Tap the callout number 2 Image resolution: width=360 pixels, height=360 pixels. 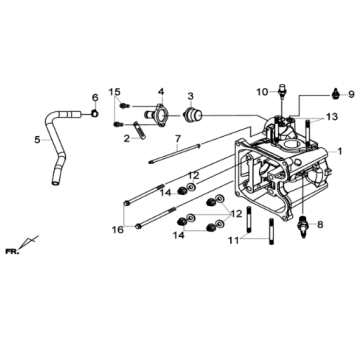[127, 139]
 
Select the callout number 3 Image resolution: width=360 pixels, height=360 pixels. [189, 96]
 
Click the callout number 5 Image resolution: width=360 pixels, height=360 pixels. [38, 140]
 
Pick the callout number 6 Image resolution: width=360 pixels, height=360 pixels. [95, 97]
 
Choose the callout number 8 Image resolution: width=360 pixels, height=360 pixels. [319, 225]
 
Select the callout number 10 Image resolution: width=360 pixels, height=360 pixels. [261, 92]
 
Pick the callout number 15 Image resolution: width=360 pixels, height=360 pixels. [115, 91]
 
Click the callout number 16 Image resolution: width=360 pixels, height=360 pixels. [117, 229]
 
